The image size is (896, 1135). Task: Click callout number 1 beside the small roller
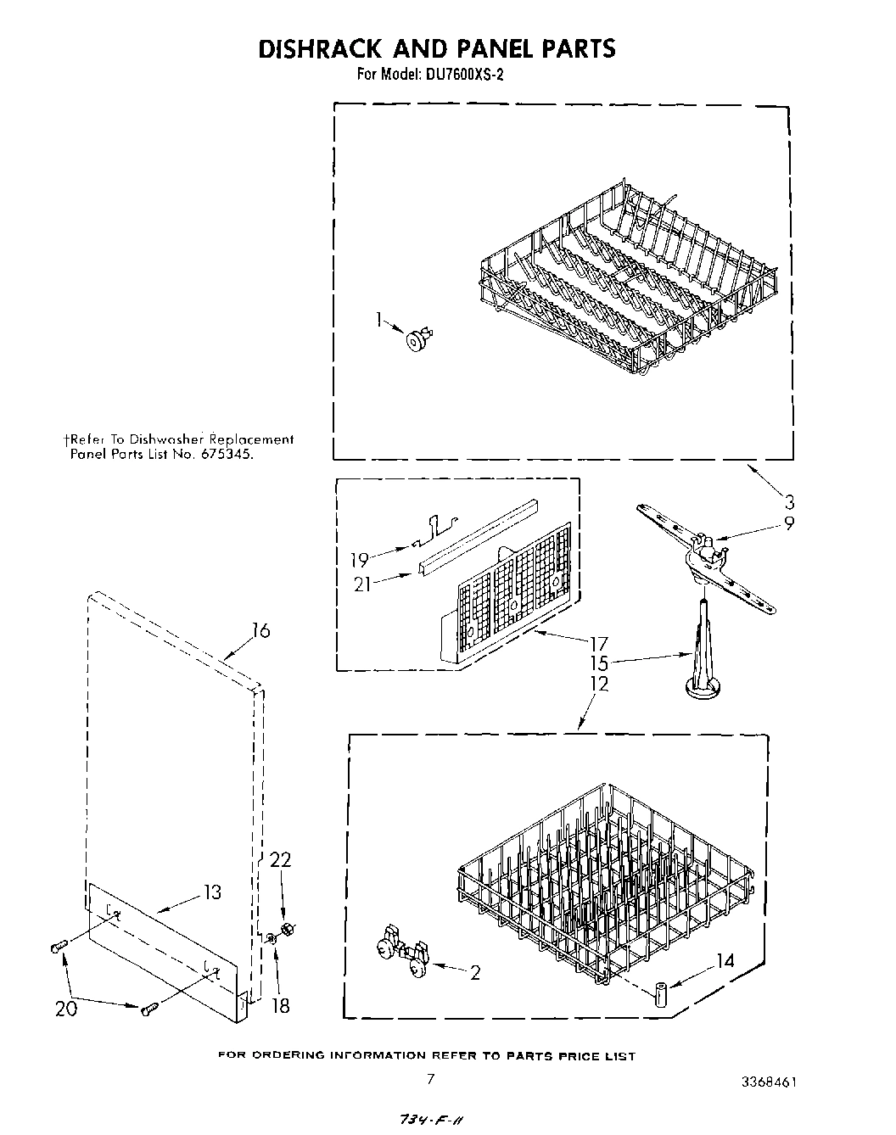tap(379, 319)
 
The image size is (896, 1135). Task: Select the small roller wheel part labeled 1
tap(417, 340)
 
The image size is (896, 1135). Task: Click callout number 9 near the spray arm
tap(789, 523)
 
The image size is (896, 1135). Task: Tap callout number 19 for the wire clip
tap(360, 560)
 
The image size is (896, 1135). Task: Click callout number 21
tap(362, 584)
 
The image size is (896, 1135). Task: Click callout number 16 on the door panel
tap(260, 630)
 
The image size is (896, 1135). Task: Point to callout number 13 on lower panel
tap(211, 892)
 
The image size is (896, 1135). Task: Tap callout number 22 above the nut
tap(280, 860)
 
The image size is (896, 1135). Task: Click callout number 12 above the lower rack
tap(599, 684)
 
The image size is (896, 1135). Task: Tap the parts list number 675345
tap(227, 454)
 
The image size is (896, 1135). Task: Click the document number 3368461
tap(768, 1082)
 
